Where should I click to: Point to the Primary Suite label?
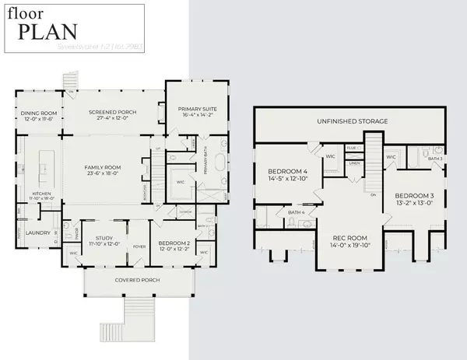click(x=191, y=108)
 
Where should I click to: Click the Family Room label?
click(x=103, y=167)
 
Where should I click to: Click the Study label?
click(x=103, y=239)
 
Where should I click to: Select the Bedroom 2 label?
click(x=170, y=244)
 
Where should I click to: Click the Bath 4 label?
click(x=297, y=212)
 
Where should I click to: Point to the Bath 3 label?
click(x=436, y=158)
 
